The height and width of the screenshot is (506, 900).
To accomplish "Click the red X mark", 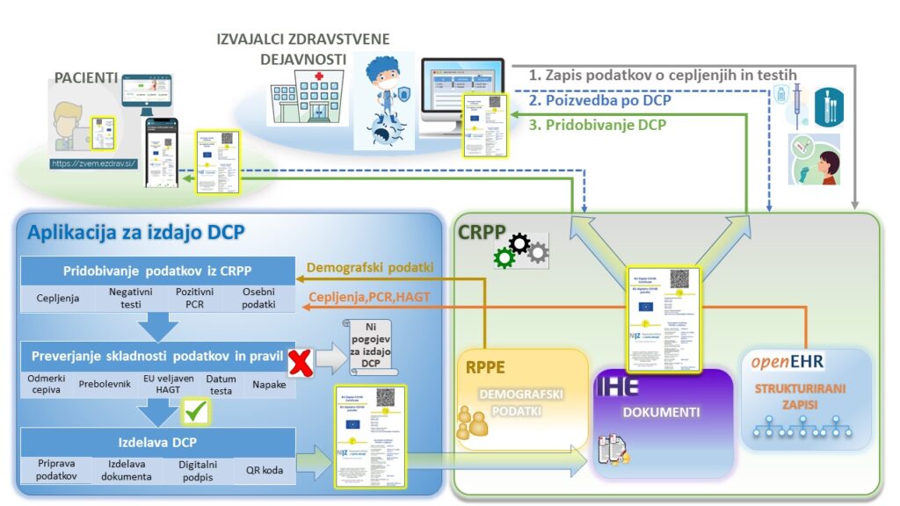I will point(301,362).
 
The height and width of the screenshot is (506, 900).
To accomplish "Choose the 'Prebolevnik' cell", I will point(105,384).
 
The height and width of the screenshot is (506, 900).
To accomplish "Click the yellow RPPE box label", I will point(484,366).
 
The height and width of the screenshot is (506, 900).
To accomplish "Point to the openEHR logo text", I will point(788,362).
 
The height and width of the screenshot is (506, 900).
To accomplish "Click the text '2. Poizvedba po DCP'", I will point(599,100).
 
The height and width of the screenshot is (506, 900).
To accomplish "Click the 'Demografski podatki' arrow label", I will point(371,268).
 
